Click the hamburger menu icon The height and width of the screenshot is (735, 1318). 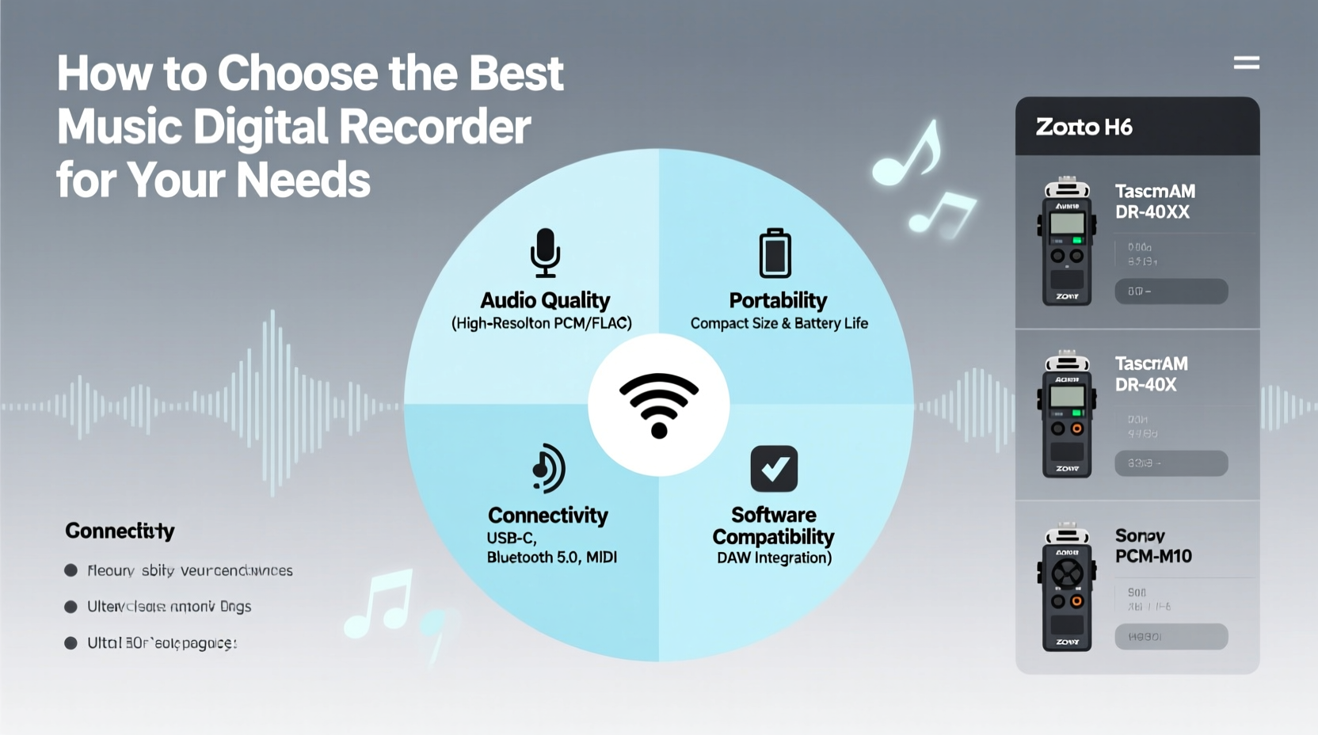tap(1246, 63)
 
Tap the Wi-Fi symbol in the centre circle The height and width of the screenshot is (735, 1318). tap(658, 405)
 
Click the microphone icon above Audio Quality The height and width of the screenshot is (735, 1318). tap(545, 253)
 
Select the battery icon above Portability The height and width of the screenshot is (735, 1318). tap(775, 253)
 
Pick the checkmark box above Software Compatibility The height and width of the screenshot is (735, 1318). tap(774, 469)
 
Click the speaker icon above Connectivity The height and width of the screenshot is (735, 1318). tap(548, 468)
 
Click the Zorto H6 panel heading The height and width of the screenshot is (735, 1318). tap(1084, 127)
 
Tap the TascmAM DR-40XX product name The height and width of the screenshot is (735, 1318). tap(1154, 201)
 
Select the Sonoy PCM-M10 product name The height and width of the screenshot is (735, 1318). tap(1152, 546)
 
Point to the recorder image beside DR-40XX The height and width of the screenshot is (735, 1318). tap(1067, 242)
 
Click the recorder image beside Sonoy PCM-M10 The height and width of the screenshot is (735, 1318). tap(1067, 588)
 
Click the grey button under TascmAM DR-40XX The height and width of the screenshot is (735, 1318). tap(1171, 291)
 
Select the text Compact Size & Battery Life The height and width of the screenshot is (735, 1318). tap(779, 323)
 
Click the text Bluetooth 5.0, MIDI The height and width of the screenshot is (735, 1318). tap(551, 558)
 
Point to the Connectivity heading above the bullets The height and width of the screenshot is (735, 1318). tap(120, 531)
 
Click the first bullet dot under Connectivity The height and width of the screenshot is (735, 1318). tap(70, 570)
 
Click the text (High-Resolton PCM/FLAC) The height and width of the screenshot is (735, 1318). tap(542, 323)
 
